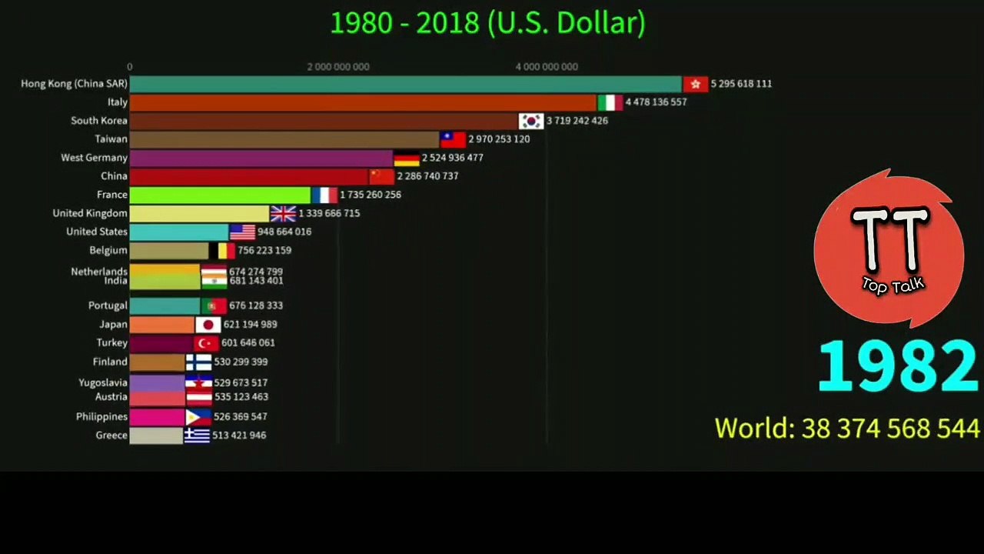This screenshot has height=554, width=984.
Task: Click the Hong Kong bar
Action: [405, 84]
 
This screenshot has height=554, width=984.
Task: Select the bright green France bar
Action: [220, 195]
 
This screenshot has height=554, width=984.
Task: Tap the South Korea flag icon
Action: [531, 121]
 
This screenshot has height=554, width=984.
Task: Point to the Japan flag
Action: [208, 325]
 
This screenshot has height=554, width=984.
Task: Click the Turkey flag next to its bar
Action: [206, 343]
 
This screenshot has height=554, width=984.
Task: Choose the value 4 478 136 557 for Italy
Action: [656, 102]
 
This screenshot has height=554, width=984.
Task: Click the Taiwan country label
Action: [111, 139]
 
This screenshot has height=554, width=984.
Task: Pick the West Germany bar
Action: [261, 159]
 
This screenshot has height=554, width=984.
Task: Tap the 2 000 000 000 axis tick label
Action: [338, 67]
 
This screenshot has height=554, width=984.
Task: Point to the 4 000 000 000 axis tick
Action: [547, 67]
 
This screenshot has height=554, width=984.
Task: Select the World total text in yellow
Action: [847, 428]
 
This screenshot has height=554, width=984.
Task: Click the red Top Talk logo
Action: [889, 249]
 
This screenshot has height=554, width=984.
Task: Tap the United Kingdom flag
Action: [284, 214]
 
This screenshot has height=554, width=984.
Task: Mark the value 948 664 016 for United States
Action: [284, 232]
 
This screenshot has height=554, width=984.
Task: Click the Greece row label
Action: [111, 436]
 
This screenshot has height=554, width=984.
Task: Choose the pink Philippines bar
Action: [157, 417]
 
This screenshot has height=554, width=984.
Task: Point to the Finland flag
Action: [198, 362]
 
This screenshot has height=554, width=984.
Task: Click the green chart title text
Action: [488, 23]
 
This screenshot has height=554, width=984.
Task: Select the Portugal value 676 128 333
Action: [256, 305]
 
